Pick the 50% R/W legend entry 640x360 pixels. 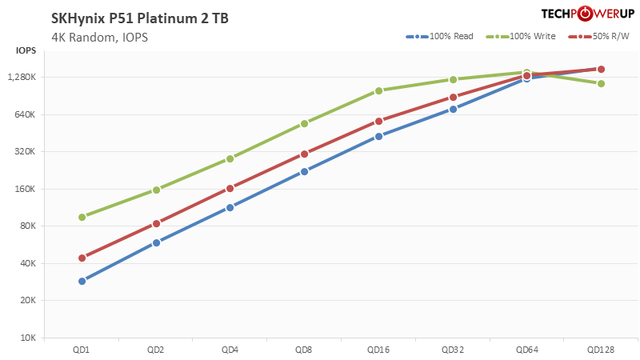tap(598, 37)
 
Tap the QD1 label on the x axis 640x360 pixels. tap(82, 350)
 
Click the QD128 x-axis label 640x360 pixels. tap(600, 350)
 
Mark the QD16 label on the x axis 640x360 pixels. tap(378, 350)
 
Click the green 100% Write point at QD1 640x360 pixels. tap(82, 217)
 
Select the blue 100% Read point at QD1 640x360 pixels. tap(82, 281)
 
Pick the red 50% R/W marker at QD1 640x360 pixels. tap(82, 258)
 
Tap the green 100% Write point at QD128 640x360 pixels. tap(601, 83)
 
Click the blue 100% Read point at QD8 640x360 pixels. tap(304, 171)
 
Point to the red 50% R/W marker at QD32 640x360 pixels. tap(453, 98)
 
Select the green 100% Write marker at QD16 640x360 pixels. tap(378, 90)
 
